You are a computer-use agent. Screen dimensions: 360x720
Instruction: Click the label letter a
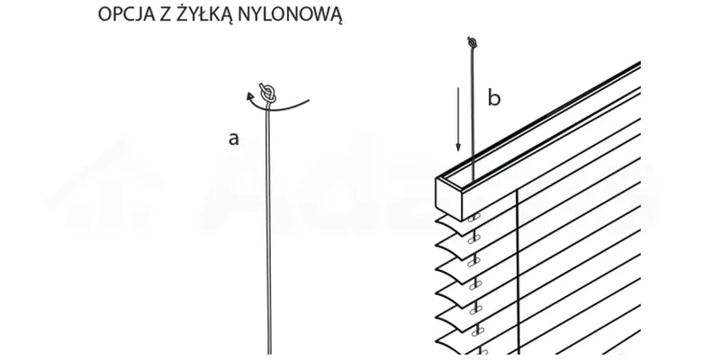point(234,139)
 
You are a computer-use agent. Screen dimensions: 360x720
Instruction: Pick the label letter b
point(493,98)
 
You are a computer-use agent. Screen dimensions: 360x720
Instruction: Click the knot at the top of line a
point(266,92)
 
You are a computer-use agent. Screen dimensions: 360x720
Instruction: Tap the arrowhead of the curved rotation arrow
point(250,94)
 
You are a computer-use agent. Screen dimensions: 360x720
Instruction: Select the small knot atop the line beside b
point(472,41)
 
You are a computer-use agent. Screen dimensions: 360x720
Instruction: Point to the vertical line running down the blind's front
point(517,270)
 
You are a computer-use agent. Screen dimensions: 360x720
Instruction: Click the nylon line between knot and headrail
point(472,108)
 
